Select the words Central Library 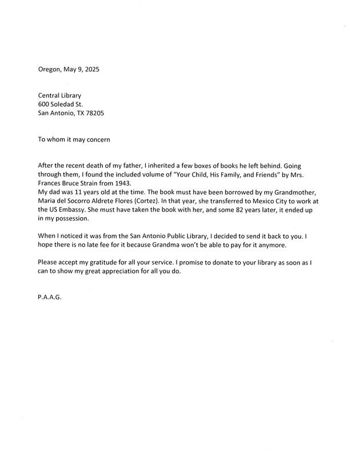(60, 95)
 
